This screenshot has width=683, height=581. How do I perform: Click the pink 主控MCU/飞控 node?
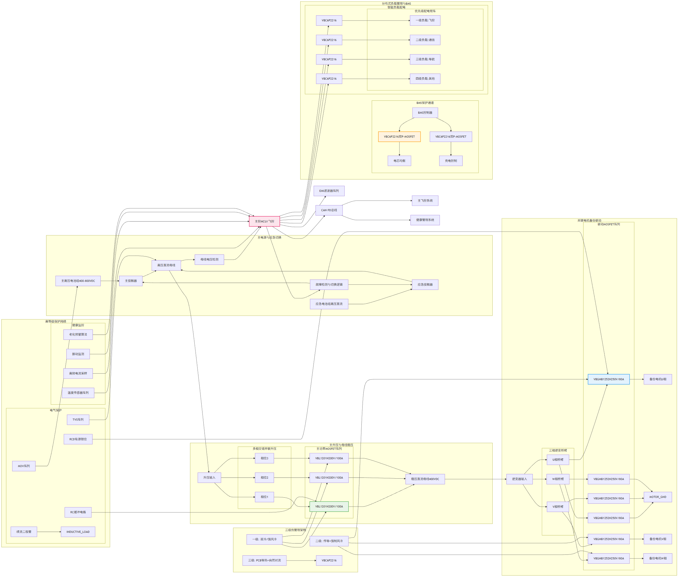point(264,221)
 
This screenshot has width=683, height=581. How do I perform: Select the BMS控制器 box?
point(425,113)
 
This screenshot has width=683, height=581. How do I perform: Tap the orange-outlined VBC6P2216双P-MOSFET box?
point(399,137)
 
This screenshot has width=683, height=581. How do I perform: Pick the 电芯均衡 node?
point(399,161)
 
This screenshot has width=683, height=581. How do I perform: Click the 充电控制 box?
point(451,161)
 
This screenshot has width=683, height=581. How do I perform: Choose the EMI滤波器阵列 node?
point(329,191)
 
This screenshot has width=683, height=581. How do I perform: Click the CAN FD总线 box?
point(329,210)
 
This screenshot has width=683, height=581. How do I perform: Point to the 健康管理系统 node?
point(425,220)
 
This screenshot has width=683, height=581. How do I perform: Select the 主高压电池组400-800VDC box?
point(78,281)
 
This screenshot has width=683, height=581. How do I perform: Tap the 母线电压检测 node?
point(209,260)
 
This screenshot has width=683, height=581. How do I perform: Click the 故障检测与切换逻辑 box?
point(329,284)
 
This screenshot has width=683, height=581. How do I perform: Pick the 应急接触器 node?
point(425,284)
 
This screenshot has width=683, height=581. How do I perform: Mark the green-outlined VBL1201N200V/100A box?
point(329,507)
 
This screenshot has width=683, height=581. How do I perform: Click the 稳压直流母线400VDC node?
point(425,479)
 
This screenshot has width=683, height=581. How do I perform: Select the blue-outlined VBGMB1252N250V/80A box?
point(608,379)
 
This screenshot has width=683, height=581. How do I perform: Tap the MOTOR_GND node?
point(657,497)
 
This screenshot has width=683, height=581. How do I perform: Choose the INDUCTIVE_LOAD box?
point(78,532)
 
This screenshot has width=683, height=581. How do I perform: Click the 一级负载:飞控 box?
point(425,20)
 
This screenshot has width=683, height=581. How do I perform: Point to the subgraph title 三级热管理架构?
point(295,530)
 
